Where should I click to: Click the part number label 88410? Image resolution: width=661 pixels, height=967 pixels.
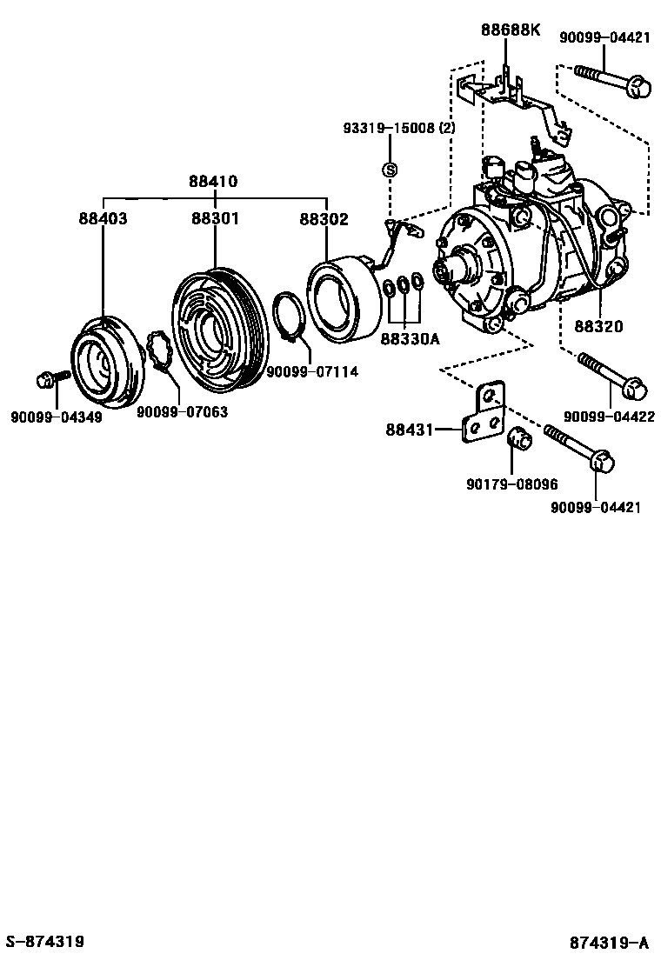click(214, 182)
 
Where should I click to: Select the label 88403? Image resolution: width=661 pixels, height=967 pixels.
click(103, 218)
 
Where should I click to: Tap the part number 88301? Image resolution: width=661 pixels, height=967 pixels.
click(215, 218)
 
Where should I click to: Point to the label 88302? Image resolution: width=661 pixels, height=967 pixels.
click(324, 218)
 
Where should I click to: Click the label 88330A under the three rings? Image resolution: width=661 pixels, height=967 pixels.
click(410, 339)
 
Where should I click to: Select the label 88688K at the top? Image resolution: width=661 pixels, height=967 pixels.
click(511, 30)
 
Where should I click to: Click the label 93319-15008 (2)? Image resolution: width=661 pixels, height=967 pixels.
click(399, 129)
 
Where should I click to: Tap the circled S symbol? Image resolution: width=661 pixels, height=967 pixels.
click(391, 170)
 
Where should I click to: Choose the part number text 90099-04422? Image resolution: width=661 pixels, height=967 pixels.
click(609, 417)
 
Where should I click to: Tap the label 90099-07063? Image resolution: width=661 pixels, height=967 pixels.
click(183, 411)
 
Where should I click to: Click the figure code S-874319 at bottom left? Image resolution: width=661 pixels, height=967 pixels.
click(44, 942)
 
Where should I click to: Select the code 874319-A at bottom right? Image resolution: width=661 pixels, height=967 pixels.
click(610, 943)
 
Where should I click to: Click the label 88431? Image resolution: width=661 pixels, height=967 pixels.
click(410, 429)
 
